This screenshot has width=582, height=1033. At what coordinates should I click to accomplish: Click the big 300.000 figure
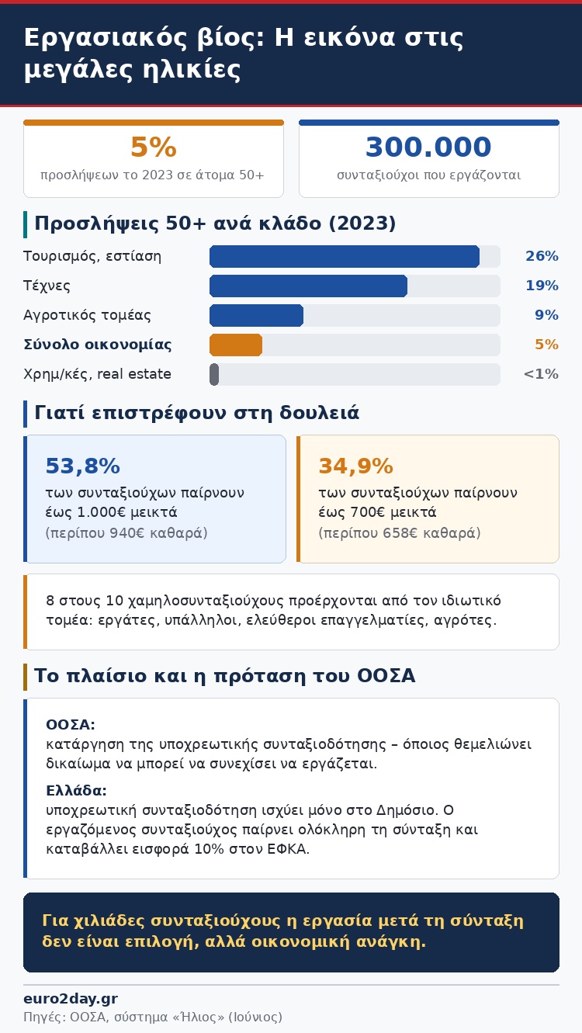(x=428, y=147)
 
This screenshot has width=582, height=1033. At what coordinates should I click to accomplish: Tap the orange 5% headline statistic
(x=154, y=147)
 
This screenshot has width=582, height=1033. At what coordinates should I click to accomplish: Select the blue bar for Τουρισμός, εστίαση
(x=345, y=256)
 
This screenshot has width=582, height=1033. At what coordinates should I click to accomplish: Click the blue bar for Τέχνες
(x=309, y=286)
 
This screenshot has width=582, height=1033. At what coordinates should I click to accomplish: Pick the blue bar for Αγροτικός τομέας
(x=256, y=315)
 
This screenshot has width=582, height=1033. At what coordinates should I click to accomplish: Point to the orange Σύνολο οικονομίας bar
(x=236, y=345)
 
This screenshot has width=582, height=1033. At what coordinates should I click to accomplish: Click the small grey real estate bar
(x=214, y=374)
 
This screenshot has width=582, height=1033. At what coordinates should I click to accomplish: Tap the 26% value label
(x=542, y=256)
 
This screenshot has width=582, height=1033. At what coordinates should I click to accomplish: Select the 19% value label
(x=542, y=286)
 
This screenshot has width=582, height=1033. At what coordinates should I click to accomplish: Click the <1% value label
(x=541, y=374)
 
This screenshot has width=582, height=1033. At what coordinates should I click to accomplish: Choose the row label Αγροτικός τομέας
(x=87, y=315)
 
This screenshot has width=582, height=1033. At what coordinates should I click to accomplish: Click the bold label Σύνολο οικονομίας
(x=97, y=345)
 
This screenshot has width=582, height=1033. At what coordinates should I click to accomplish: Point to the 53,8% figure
(x=82, y=466)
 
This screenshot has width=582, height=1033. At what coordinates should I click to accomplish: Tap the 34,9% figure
(x=356, y=466)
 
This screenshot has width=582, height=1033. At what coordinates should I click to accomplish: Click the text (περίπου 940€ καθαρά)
(x=126, y=533)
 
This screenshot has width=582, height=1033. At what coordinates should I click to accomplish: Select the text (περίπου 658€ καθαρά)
(x=400, y=533)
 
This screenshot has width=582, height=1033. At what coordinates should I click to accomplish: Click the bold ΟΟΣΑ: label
(x=71, y=724)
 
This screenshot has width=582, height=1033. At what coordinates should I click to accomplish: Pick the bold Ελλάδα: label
(x=76, y=790)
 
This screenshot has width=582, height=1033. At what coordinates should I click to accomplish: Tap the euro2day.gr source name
(x=71, y=999)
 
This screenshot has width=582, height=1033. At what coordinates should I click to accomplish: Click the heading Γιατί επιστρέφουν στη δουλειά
(x=197, y=413)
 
